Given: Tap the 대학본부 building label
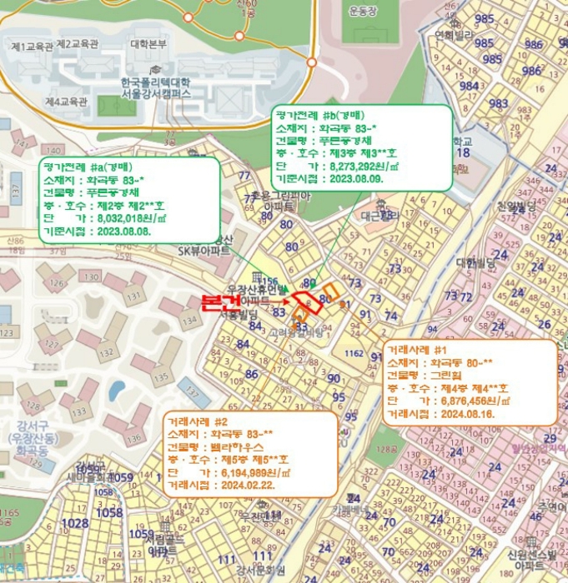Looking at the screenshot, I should [148, 43].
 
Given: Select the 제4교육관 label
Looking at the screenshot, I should [66, 102].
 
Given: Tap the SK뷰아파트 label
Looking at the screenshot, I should [204, 250].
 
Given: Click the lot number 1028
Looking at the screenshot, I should [75, 522].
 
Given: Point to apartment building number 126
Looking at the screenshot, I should [57, 287].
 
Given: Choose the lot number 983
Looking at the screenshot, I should [499, 104].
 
